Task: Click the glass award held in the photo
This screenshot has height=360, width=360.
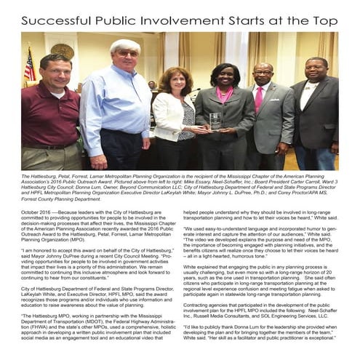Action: (215, 121)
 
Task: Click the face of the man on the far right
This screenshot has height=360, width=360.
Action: (316, 73)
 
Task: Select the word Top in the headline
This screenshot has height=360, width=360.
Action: (326, 21)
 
